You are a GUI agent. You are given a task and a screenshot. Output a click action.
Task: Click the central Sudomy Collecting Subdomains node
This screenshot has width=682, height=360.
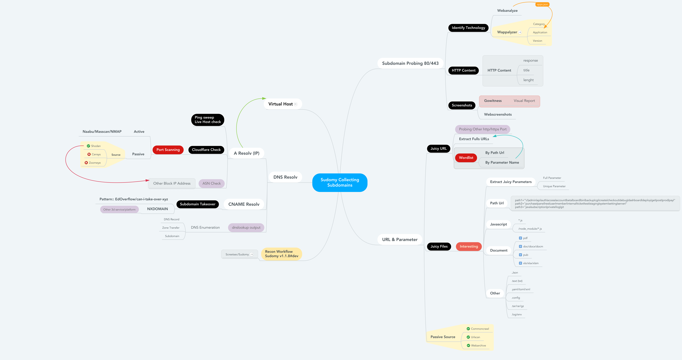(340, 182)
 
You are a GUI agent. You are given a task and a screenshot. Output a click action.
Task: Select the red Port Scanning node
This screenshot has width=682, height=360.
(168, 150)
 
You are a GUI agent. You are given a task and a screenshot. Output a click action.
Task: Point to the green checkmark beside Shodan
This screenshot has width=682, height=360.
(88, 146)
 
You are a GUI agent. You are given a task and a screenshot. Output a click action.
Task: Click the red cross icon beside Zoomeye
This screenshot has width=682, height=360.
(86, 163)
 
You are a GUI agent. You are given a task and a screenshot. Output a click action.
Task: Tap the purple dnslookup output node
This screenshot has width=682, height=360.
(246, 228)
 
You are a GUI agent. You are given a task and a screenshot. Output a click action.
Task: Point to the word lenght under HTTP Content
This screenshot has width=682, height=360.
(528, 80)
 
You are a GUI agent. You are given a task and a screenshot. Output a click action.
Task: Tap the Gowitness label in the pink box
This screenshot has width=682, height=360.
(493, 101)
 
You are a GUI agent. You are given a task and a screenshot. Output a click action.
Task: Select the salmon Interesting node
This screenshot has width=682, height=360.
(469, 246)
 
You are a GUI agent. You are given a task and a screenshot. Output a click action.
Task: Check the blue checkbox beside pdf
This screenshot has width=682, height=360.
(520, 238)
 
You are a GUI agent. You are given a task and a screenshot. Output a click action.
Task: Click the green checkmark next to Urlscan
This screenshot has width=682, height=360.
(468, 337)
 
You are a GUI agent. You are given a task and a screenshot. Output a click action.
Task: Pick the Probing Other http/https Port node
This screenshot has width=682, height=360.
(482, 129)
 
